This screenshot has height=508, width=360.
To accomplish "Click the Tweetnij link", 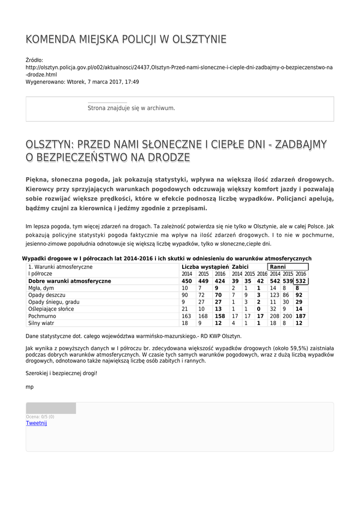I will click(x=36, y=423).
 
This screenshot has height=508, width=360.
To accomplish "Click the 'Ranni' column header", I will click(x=278, y=267).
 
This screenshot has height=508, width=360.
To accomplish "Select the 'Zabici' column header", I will click(x=240, y=267).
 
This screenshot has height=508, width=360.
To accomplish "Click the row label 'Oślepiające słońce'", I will click(x=49, y=309).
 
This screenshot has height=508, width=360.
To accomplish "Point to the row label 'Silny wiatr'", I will click(x=41, y=323).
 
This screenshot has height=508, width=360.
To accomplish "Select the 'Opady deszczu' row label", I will click(x=44, y=295).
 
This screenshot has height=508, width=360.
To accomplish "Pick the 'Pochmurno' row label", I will click(x=42, y=316).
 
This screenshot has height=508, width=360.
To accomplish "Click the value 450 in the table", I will click(x=187, y=281).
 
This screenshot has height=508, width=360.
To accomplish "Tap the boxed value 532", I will click(x=300, y=281).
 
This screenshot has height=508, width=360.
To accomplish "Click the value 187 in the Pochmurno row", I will click(x=300, y=316).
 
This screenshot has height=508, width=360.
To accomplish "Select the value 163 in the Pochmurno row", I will click(x=186, y=316).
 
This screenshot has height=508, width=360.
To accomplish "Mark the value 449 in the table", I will click(x=203, y=281).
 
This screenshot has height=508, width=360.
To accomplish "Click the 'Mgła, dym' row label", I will click(x=41, y=288).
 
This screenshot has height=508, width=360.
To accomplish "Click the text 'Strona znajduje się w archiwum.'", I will click(x=131, y=108).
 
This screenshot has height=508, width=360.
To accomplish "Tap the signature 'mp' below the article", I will click(x=29, y=386).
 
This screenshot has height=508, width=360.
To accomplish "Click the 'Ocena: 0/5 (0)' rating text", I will click(x=40, y=417).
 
